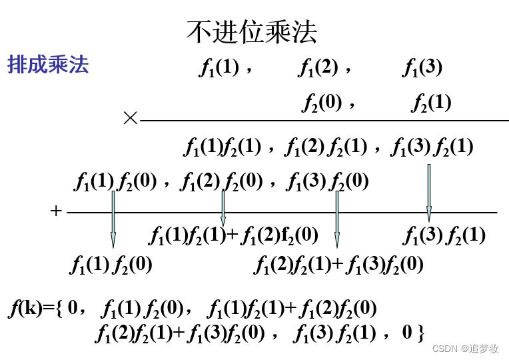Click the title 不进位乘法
(x=252, y=31)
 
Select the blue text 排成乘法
(x=48, y=65)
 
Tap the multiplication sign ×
(x=130, y=119)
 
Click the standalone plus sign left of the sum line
(x=56, y=211)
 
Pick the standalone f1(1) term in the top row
(x=219, y=67)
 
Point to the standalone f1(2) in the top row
(x=318, y=67)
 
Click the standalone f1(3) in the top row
(x=423, y=67)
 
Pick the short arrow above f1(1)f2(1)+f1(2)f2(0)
(x=223, y=207)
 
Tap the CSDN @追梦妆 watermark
(x=466, y=349)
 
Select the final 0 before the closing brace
(x=408, y=331)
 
